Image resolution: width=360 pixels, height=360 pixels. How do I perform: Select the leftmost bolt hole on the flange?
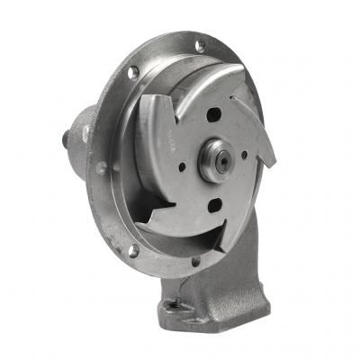101,168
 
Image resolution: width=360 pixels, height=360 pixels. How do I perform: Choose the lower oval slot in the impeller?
215,205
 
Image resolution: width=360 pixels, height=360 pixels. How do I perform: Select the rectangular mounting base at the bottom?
216,301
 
